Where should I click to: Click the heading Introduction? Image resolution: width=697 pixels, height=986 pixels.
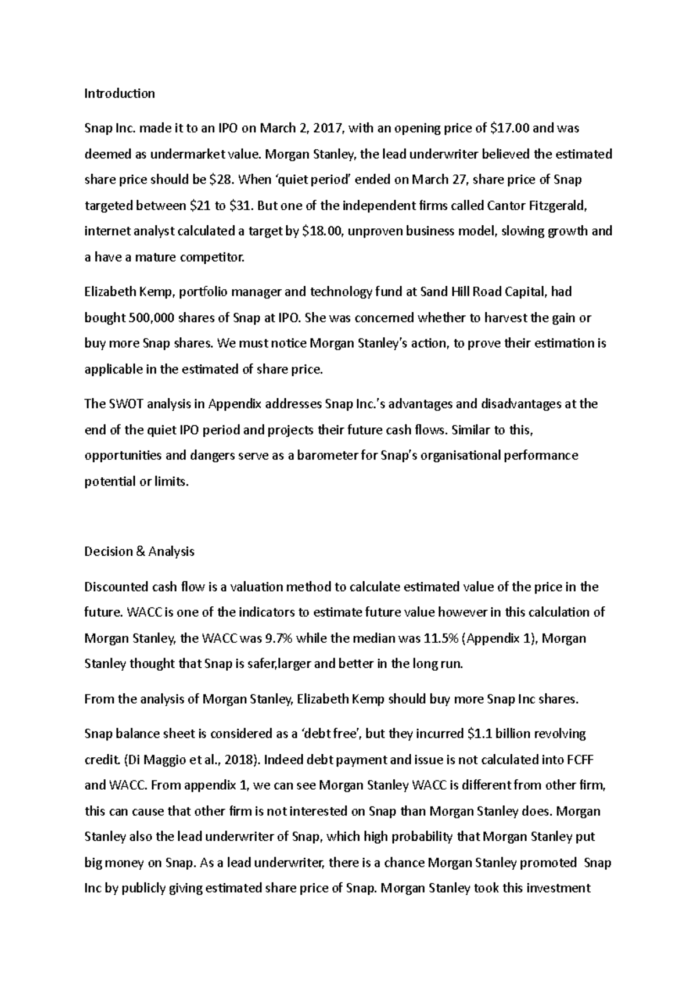[x=120, y=93]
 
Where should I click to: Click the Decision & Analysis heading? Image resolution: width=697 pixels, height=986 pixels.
[x=139, y=551]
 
